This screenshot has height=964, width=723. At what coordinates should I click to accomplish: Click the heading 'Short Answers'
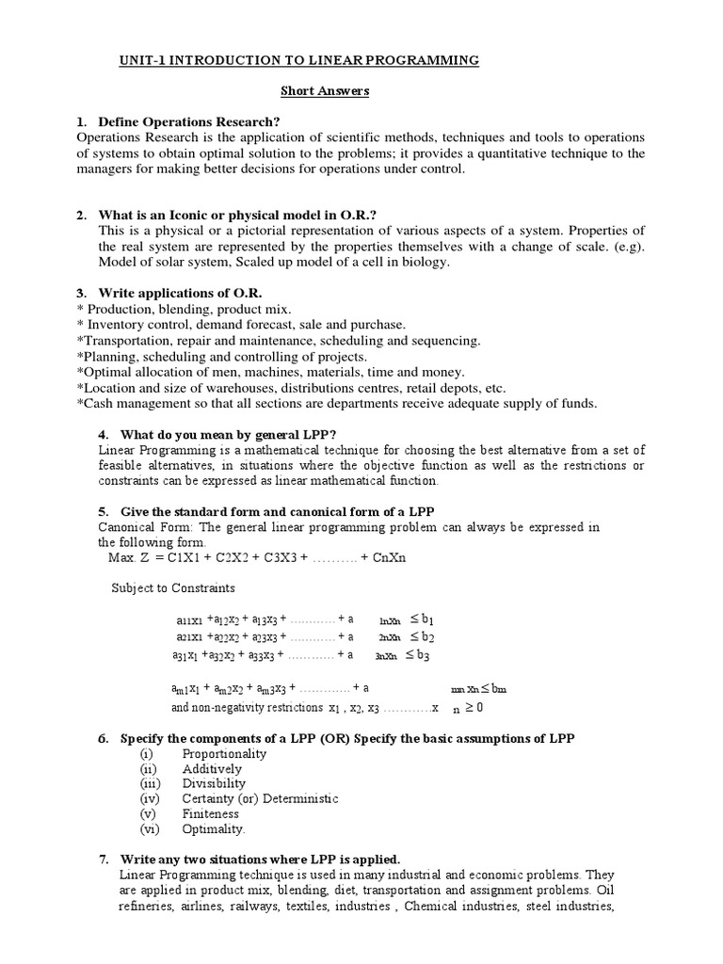click(325, 91)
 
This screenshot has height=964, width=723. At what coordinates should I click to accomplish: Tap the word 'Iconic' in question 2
click(216, 216)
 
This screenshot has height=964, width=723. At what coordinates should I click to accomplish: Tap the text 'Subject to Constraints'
click(173, 588)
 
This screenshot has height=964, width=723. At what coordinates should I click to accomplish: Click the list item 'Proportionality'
click(224, 753)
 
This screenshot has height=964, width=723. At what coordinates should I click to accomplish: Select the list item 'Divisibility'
click(214, 783)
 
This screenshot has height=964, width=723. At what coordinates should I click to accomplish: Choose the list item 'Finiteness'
click(211, 813)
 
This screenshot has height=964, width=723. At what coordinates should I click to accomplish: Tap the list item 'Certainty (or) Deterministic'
click(260, 798)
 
